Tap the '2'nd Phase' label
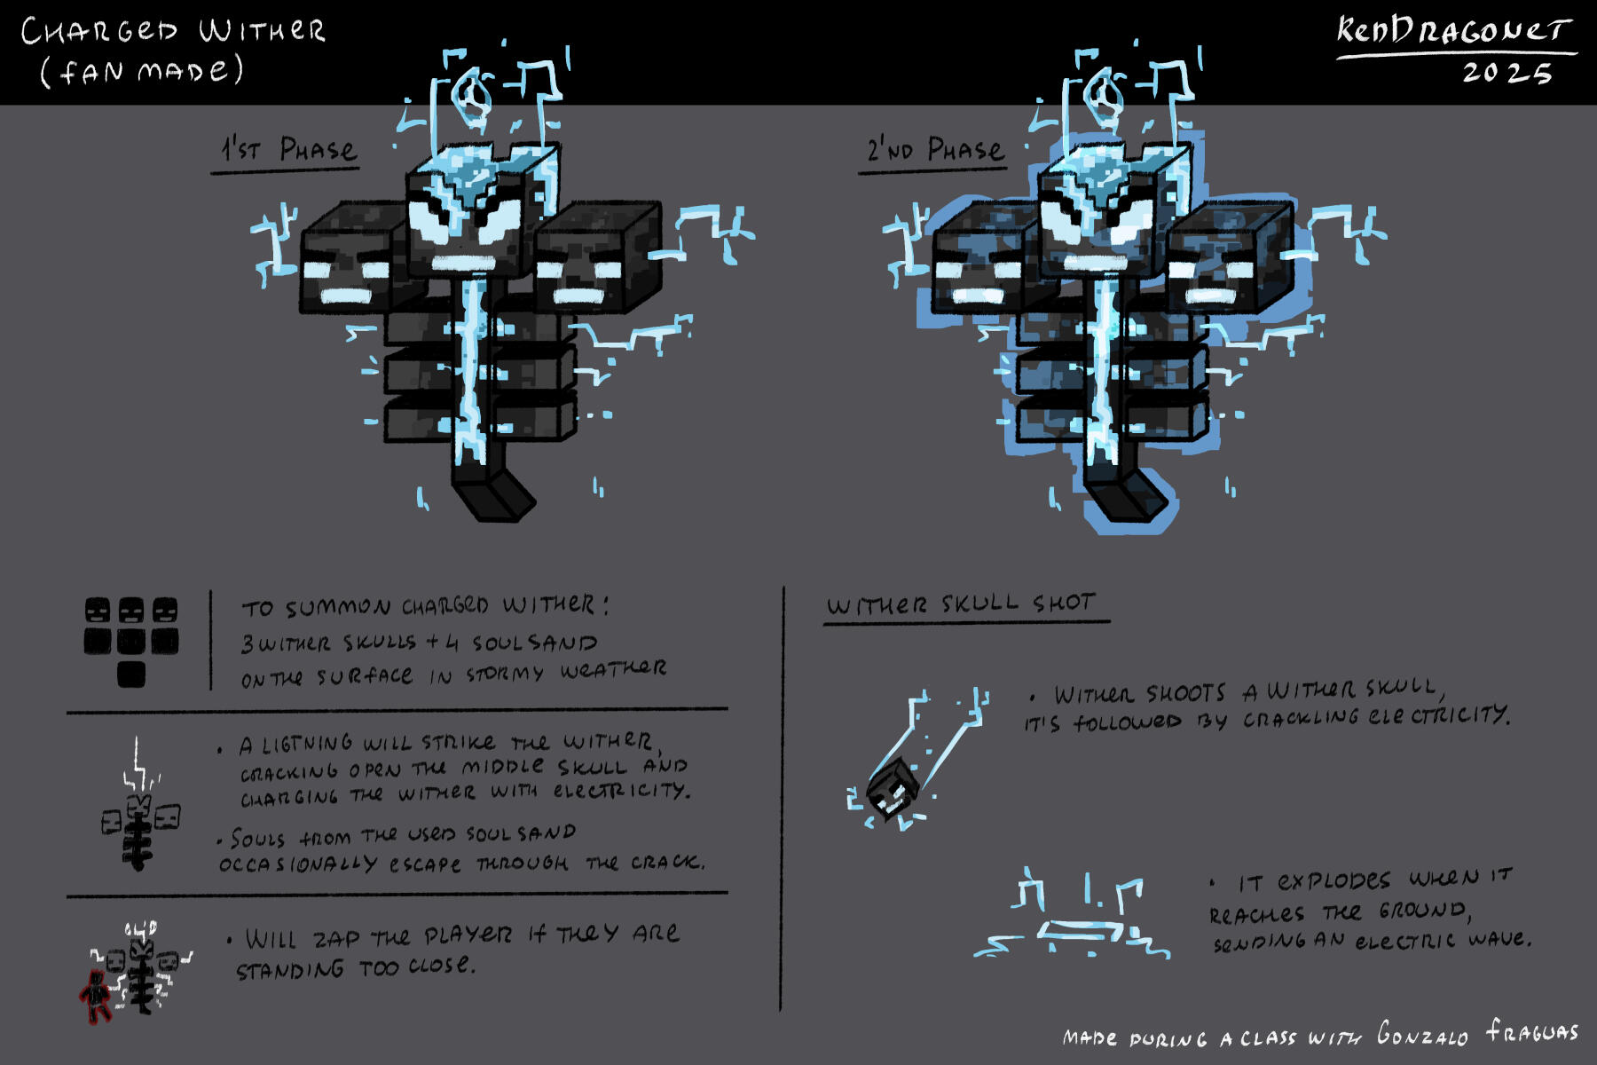pos(936,149)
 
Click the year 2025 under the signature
pos(1507,73)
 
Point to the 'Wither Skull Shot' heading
pos(961,604)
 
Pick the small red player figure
pos(95,996)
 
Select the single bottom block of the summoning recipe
pos(131,674)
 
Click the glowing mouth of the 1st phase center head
pos(463,263)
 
